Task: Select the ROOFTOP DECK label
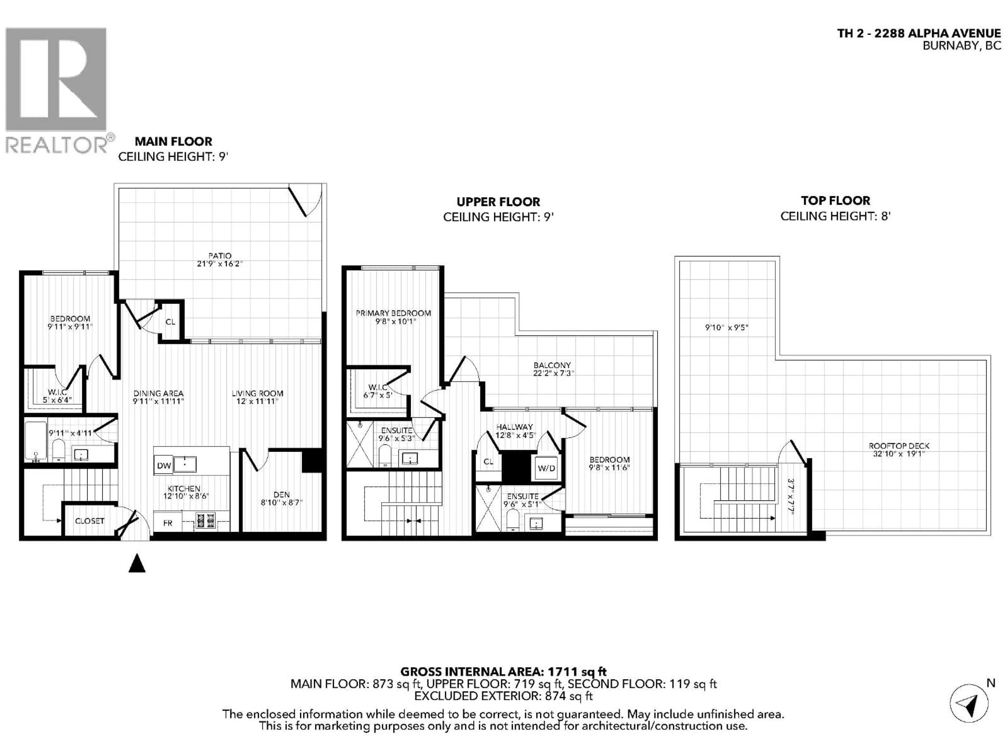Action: [899, 446]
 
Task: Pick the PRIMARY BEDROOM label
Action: [393, 313]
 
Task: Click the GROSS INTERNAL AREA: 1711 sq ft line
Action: [503, 672]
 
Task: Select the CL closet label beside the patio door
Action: [170, 322]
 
